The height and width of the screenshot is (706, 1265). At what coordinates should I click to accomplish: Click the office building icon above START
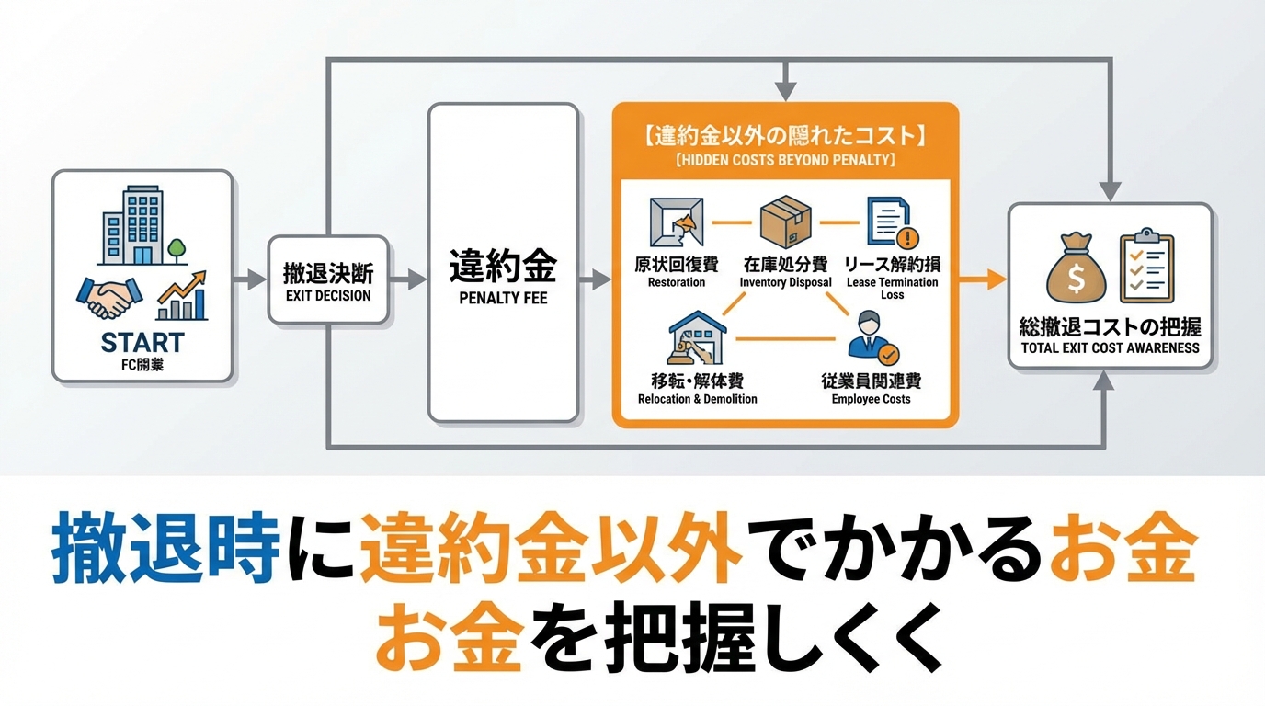pos(132,226)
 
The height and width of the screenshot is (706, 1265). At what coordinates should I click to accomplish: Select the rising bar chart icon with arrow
pos(182,296)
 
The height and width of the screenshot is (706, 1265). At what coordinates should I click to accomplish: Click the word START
pos(142,343)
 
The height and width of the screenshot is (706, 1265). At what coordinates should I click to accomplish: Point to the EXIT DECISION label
pos(328,296)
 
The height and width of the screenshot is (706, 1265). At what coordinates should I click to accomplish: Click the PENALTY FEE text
pos(503,299)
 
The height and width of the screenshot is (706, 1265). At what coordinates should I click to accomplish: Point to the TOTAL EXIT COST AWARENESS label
pos(1110,348)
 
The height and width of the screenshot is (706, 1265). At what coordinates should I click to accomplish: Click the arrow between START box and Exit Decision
pos(248,279)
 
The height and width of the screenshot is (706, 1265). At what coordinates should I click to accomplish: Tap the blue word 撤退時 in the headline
pos(165,550)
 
